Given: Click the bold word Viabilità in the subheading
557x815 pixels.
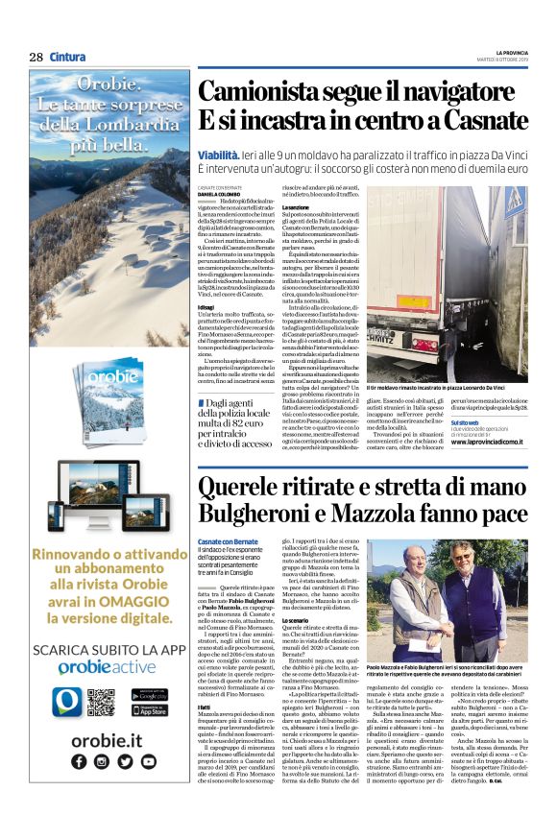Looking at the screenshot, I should [x=218, y=154].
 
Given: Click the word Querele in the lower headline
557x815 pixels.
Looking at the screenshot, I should [x=239, y=489].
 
